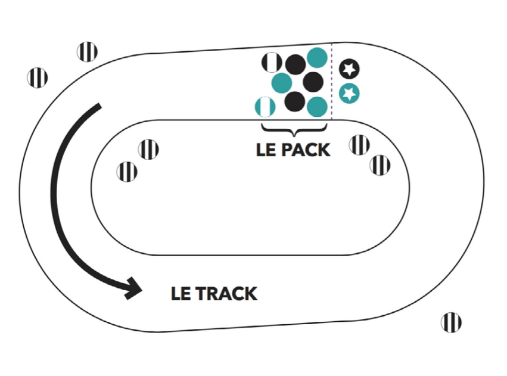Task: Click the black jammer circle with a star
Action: [x=350, y=69]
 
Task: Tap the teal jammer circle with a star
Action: [x=350, y=94]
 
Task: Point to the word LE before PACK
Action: [x=267, y=150]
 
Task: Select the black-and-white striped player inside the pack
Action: [x=272, y=61]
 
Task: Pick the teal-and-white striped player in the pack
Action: [x=265, y=106]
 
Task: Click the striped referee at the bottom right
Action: [x=451, y=322]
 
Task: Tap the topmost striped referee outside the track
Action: [x=88, y=52]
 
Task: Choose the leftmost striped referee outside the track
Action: [x=38, y=77]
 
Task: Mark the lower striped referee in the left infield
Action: [x=127, y=172]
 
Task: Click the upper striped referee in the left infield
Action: [x=148, y=149]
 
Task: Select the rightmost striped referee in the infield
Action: [x=380, y=164]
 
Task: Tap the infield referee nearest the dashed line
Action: [x=359, y=145]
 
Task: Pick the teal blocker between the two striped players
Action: [x=281, y=83]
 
